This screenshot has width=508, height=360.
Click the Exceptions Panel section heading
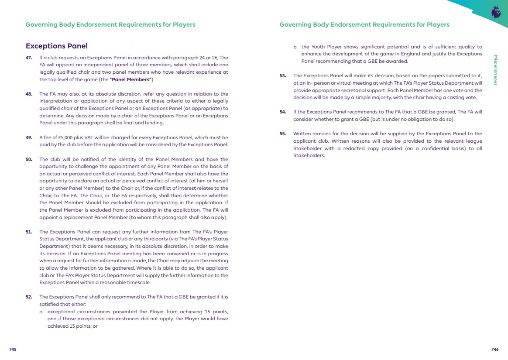(57, 46)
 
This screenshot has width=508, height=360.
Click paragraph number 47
(29, 58)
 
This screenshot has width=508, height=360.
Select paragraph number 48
(29, 94)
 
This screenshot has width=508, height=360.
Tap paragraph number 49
(29, 138)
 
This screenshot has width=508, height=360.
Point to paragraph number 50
(29, 160)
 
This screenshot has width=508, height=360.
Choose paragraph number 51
(29, 232)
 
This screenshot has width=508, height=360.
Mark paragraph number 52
(29, 297)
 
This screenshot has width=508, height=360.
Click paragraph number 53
(283, 75)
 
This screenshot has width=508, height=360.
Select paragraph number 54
(283, 112)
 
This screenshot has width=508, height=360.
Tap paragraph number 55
(283, 134)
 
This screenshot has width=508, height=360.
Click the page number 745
(13, 350)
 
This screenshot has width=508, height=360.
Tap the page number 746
(494, 350)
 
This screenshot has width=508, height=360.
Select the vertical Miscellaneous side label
(495, 70)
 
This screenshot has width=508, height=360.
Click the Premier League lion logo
(495, 12)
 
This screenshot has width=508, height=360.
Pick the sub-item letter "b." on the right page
(295, 47)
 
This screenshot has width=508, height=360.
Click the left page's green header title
(110, 24)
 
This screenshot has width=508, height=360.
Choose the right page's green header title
(364, 24)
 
